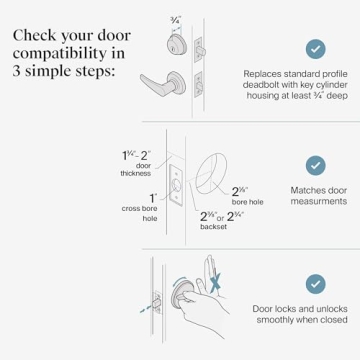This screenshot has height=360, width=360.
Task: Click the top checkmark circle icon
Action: pos(315,48)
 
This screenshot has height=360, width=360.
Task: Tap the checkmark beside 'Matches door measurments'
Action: pos(315,165)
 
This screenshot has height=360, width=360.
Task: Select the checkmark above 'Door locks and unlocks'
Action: pos(315,284)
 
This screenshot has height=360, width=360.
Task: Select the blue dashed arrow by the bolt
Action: pos(150,308)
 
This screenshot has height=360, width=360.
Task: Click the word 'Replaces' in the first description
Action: pos(261,73)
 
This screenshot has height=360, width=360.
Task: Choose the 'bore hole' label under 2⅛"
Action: pos(248,202)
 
